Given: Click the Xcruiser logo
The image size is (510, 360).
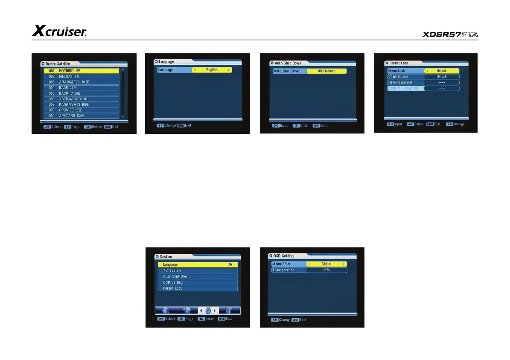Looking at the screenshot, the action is [60, 31].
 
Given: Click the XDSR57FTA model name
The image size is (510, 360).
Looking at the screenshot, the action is [450, 35].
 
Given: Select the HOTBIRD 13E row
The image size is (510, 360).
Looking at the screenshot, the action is [81, 71].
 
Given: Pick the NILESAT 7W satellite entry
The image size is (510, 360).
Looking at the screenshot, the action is [81, 76].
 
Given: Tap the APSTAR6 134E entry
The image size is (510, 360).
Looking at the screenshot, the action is [81, 116].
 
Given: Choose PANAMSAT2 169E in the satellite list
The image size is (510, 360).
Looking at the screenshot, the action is [81, 105].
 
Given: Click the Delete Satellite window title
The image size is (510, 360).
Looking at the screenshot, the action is [58, 64].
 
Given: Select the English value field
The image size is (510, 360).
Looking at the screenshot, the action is [212, 70].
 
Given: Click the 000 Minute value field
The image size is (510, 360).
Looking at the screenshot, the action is [326, 71].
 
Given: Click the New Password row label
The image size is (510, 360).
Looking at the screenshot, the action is [400, 82].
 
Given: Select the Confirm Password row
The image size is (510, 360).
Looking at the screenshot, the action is [423, 88].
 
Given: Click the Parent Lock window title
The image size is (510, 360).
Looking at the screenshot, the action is [399, 63].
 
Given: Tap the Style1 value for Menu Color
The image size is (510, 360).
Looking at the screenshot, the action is [326, 264].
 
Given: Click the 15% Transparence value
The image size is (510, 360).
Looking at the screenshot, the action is [326, 270].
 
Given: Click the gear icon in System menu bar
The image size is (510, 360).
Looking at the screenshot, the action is [208, 311].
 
